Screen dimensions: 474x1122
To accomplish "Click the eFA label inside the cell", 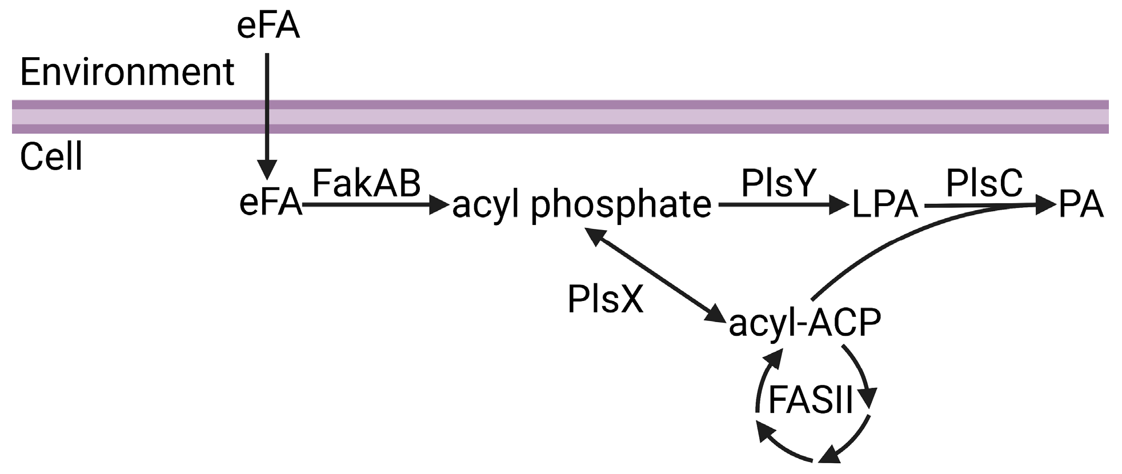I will pyautogui.click(x=270, y=203).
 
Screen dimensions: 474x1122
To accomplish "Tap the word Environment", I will pyautogui.click(x=127, y=73).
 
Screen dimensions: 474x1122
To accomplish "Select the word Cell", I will pyautogui.click(x=51, y=156).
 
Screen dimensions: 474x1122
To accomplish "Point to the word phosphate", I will pyautogui.click(x=621, y=205).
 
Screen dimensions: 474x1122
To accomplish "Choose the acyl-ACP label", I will pyautogui.click(x=804, y=322).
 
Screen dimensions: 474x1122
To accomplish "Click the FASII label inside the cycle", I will pyautogui.click(x=810, y=399).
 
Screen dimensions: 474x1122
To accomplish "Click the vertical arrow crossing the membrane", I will pyautogui.click(x=267, y=114).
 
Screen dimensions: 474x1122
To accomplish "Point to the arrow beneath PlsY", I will pyautogui.click(x=783, y=204).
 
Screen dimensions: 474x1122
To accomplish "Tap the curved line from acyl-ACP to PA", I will pyautogui.click(x=891, y=246).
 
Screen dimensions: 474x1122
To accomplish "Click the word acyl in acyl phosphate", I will pyautogui.click(x=485, y=205).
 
